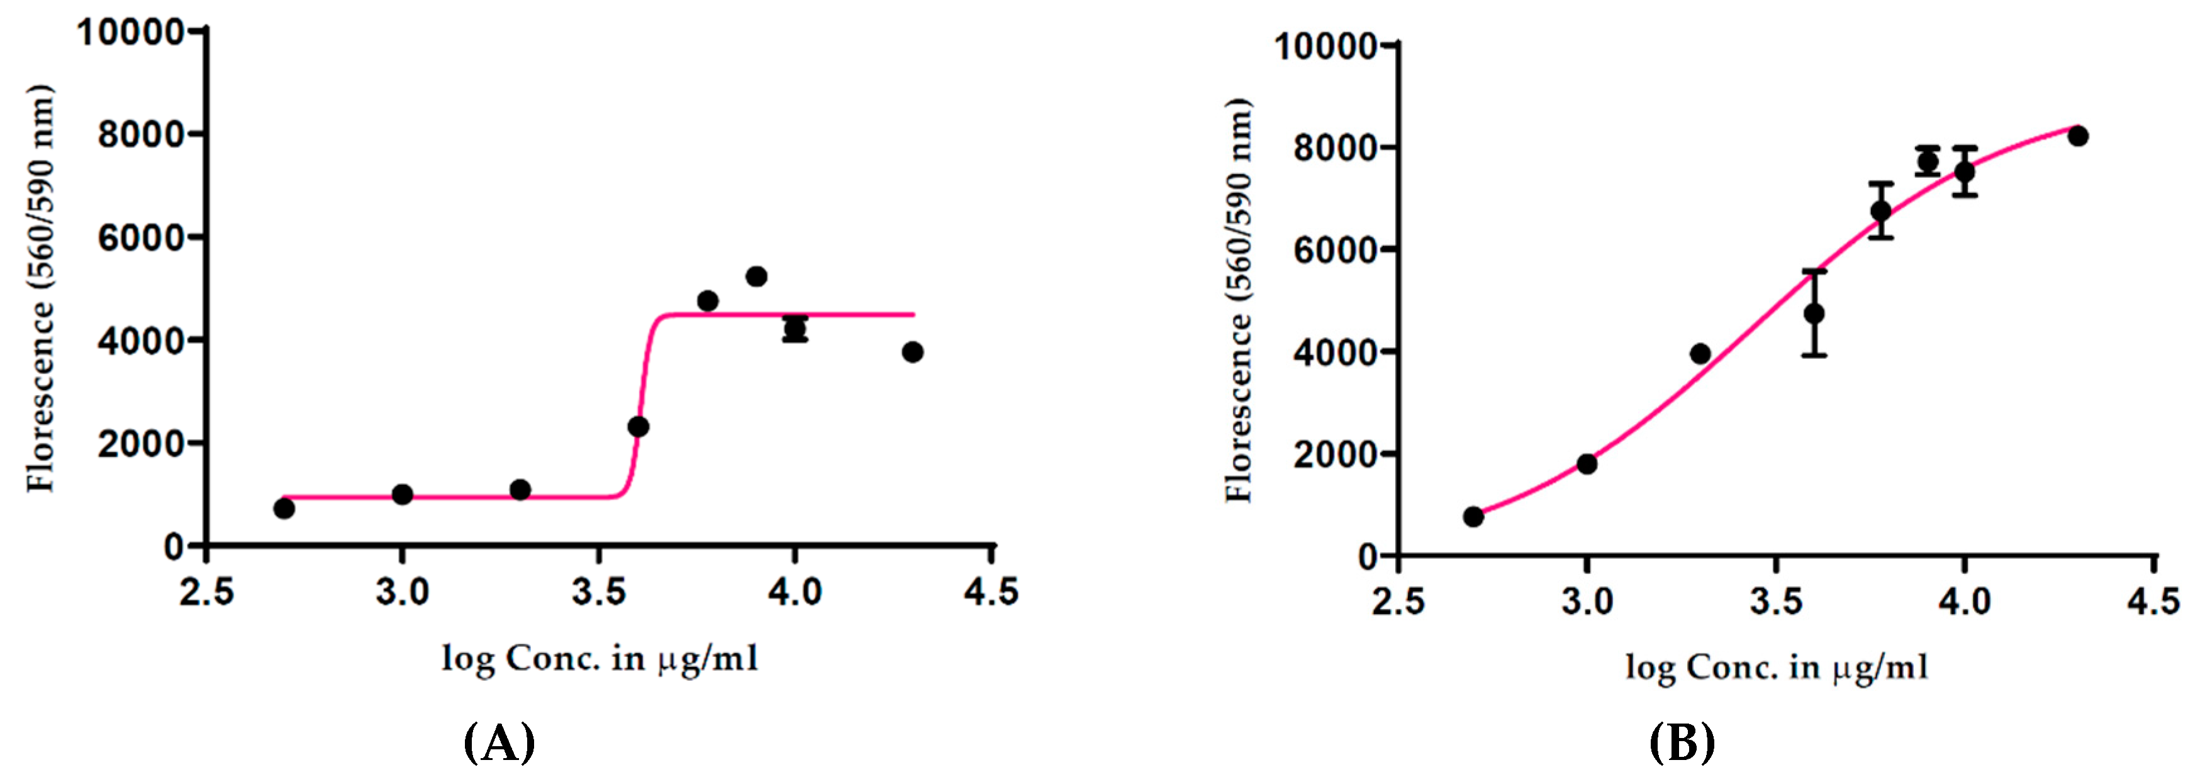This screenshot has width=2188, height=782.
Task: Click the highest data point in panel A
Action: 756,276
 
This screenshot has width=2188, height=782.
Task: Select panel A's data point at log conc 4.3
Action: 912,351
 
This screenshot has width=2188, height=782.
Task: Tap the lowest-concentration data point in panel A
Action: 284,509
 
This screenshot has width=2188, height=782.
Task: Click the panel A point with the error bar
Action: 795,329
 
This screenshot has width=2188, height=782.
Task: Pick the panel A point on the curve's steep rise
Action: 639,426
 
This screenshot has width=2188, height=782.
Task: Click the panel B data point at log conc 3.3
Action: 1700,353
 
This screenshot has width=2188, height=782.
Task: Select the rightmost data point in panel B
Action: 2077,136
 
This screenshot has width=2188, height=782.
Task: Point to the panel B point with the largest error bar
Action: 1814,313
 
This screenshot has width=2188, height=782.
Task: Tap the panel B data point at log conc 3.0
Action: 1587,463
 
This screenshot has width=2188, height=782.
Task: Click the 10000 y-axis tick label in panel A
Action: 130,32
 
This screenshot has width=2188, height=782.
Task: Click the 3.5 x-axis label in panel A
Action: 598,592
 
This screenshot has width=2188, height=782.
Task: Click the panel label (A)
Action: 500,743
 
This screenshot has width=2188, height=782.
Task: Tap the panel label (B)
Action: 1682,743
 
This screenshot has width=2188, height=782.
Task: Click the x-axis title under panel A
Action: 600,659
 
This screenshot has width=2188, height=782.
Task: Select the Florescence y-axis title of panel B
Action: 1239,302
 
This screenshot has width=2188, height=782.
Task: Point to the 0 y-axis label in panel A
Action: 174,547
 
